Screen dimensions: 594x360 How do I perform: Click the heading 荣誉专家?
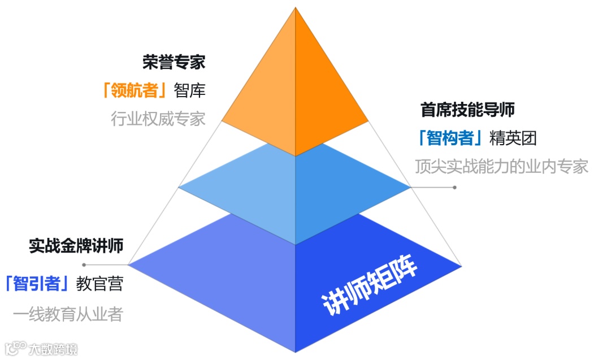pos(173,62)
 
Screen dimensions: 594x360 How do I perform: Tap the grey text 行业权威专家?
pos(158,119)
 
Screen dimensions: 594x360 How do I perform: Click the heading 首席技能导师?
pos(467,109)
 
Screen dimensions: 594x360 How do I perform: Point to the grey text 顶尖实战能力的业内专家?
pos(501,167)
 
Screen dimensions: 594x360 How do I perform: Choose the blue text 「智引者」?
pos(37,283)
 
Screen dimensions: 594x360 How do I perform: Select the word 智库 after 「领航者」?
pos(189,90)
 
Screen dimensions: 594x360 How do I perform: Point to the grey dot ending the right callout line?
pos(454,187)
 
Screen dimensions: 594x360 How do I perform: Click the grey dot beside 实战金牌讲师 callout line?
pos(84,264)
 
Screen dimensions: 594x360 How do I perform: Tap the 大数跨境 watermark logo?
pos(40,348)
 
